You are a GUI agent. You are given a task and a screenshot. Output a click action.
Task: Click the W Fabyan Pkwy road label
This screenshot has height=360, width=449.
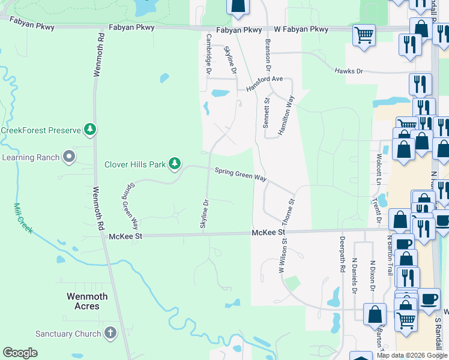pos(302,29)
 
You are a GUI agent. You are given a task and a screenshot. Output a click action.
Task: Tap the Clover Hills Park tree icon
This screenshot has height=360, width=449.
pos(175,163)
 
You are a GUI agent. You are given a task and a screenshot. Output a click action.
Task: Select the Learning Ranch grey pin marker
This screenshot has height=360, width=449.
pos(69,157)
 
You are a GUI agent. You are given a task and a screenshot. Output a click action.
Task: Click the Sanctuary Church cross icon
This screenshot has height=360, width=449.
pos(110,333)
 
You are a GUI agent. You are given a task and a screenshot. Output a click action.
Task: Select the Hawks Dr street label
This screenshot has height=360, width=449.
pos(349,71)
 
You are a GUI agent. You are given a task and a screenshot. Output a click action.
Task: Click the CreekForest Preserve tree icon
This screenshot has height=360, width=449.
pos(89,129)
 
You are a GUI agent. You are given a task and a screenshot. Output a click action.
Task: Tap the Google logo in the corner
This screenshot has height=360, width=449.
pos(20,353)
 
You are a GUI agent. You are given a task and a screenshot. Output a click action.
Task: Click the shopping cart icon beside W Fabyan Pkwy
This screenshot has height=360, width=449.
pos(364,35)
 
